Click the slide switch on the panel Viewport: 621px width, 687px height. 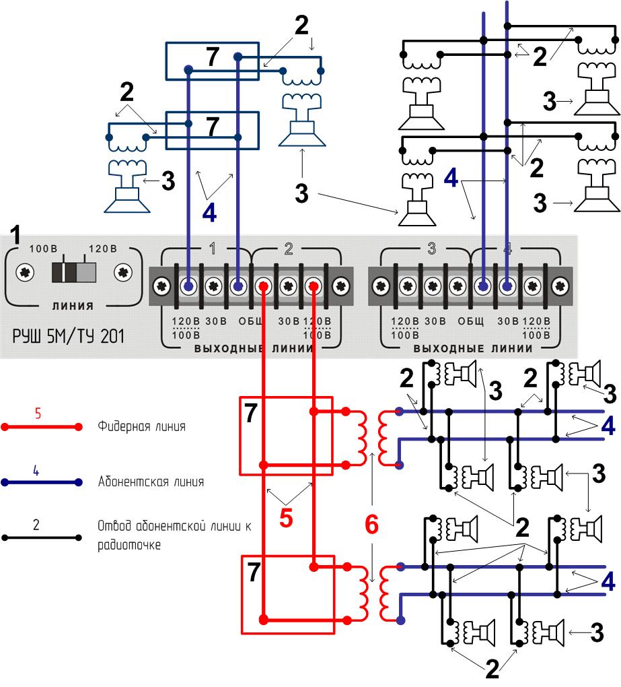coord(74,272)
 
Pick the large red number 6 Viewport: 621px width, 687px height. coord(371,525)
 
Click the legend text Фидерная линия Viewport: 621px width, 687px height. coord(141,426)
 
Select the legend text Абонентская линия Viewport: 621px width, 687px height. coord(151,482)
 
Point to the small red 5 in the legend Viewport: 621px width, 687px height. coord(38,414)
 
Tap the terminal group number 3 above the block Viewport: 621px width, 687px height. coord(431,249)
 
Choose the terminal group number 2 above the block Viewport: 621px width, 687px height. coord(289,249)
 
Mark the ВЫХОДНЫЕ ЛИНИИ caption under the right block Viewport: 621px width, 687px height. coord(473,349)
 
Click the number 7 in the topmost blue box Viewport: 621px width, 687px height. coord(213,58)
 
